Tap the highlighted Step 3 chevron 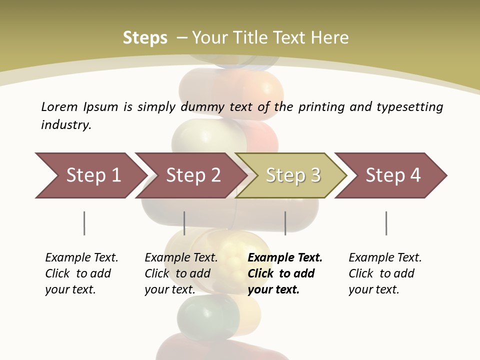click(291, 175)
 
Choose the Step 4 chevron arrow click(391, 175)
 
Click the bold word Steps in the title click(145, 38)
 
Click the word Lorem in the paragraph click(59, 107)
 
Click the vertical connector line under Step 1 click(84, 223)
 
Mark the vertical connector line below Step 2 click(184, 223)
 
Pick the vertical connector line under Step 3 click(285, 223)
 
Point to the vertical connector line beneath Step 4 click(386, 223)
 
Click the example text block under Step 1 click(81, 273)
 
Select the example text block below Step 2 click(181, 273)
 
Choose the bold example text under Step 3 click(284, 273)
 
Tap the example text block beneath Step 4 click(385, 273)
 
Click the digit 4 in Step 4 click(415, 175)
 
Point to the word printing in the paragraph click(321, 107)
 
